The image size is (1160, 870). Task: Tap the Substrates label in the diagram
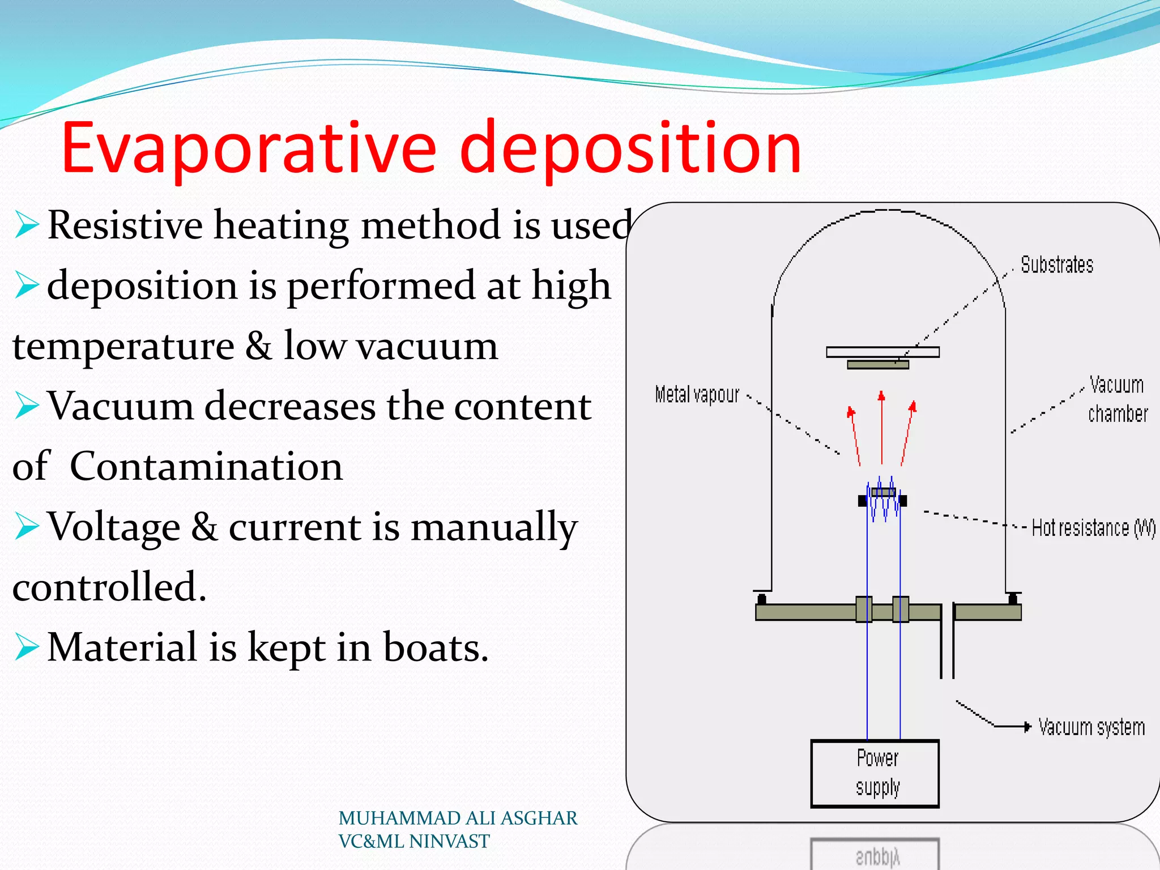coord(1056,265)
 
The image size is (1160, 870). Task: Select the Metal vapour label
coord(697,395)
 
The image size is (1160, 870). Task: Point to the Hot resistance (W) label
coord(1093,528)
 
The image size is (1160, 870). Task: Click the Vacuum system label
coord(1091,727)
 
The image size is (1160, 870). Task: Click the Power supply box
coord(875,773)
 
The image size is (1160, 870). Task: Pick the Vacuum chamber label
coord(1117,399)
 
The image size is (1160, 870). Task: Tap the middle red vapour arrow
coord(881,428)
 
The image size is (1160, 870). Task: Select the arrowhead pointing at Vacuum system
coord(1027,727)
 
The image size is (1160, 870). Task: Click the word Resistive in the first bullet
coord(125,225)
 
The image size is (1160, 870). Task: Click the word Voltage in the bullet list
coord(113,527)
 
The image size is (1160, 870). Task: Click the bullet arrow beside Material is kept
coord(26,647)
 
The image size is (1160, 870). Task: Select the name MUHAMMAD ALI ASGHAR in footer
coord(458,818)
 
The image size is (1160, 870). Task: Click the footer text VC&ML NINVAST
coord(413,842)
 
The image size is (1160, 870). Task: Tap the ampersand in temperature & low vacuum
coord(258,346)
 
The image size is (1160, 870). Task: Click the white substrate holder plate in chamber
coord(882,352)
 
